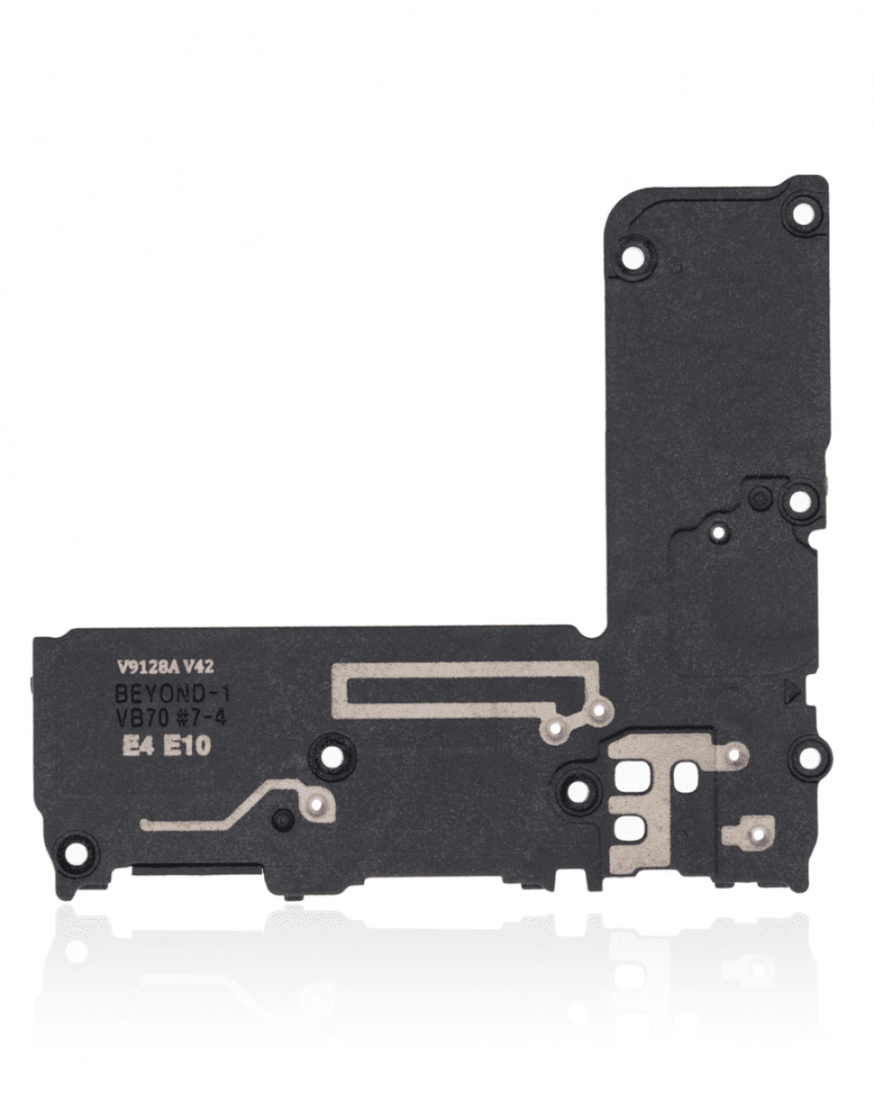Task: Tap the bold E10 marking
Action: pos(187,747)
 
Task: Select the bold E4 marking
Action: pos(137,747)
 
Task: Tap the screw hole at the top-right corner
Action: pos(803,214)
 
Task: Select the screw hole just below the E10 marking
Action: pos(329,755)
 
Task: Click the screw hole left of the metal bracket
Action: pos(578,789)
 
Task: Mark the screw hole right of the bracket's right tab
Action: pos(807,755)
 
